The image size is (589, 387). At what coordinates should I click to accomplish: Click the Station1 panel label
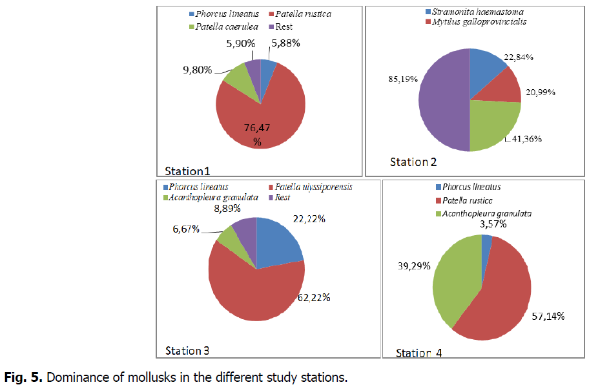(187, 171)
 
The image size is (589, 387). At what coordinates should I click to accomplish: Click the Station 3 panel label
(187, 351)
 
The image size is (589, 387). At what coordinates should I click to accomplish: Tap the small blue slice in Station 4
(486, 240)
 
